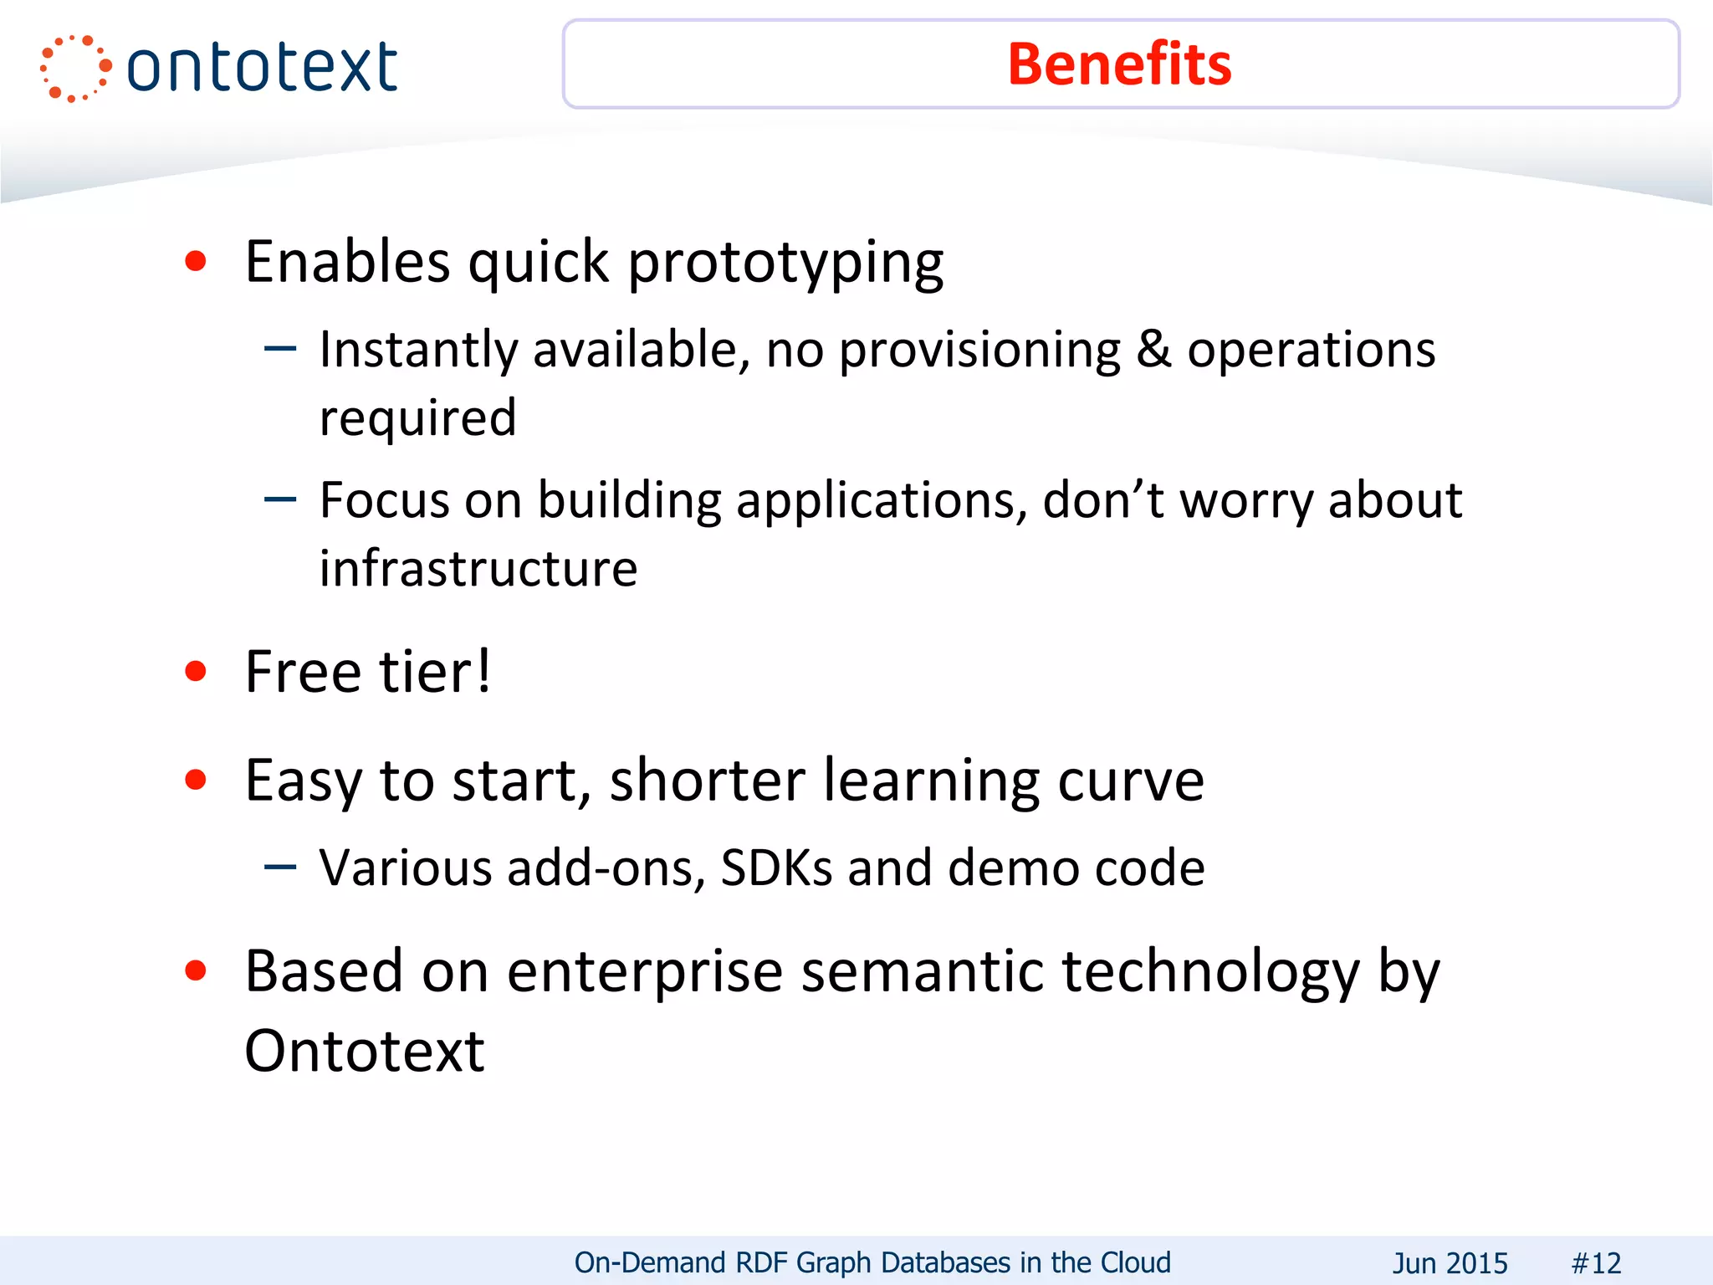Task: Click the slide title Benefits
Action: point(1119,64)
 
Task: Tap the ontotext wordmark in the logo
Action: point(262,68)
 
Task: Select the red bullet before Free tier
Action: point(196,671)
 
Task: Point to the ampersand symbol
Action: point(1153,349)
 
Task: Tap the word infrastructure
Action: point(478,569)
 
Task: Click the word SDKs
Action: point(776,868)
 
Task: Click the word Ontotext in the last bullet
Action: point(365,1051)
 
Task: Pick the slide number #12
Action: point(1596,1262)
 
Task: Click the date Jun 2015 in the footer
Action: point(1450,1262)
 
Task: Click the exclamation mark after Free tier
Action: point(483,671)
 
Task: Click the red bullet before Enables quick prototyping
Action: point(196,262)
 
